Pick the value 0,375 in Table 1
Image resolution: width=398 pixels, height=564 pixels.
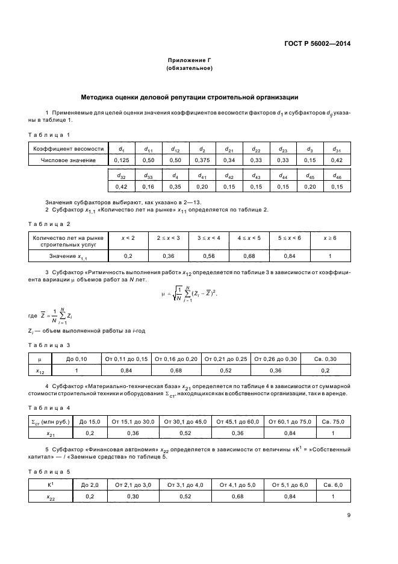pos(202,160)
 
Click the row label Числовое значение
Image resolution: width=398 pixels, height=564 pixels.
pos(68,160)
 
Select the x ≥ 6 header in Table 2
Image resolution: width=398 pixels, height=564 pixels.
pos(330,239)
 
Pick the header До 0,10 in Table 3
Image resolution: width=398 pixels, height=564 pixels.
pos(76,360)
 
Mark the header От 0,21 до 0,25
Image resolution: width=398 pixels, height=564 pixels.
pos(225,360)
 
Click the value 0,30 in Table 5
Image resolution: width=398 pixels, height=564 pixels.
pos(133,496)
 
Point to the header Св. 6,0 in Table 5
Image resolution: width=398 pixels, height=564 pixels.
pos(332,484)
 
